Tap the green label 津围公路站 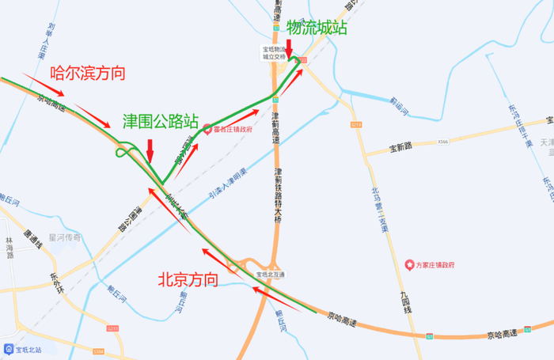point(160,121)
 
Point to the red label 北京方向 point(187,279)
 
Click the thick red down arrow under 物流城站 point(290,49)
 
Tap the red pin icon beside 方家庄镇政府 point(409,263)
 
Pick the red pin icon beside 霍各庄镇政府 point(207,129)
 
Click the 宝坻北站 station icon point(8,348)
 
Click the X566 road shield point(442,142)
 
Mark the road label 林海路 point(9,247)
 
